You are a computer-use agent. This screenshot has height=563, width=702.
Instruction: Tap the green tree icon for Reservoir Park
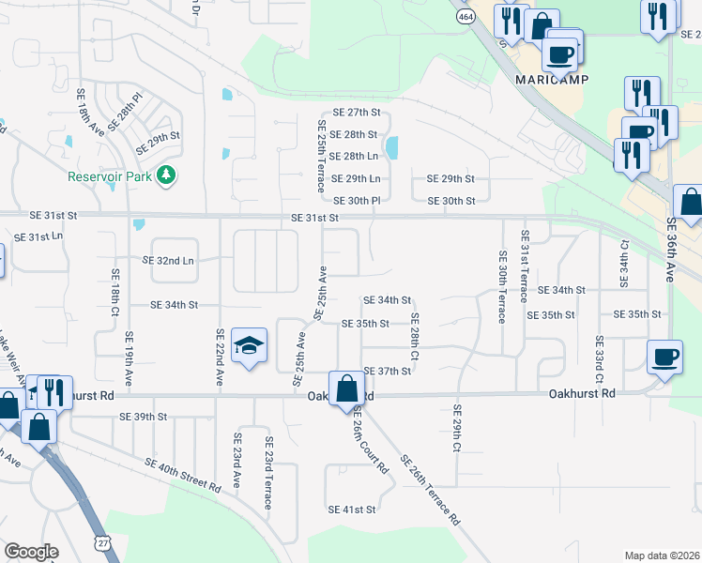(166, 175)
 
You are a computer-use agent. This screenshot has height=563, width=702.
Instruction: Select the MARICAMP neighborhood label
(552, 80)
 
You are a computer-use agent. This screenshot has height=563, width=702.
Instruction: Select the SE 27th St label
(356, 113)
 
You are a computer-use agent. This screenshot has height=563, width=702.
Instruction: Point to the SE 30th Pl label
(357, 200)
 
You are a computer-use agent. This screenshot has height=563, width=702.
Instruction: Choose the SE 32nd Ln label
(168, 260)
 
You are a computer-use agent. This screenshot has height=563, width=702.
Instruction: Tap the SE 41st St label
(352, 510)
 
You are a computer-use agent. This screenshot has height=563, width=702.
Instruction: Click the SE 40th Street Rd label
(182, 474)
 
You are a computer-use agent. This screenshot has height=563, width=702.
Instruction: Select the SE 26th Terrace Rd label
(431, 490)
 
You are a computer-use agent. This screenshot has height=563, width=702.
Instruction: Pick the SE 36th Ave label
(672, 252)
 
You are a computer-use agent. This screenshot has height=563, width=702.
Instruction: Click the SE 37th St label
(389, 372)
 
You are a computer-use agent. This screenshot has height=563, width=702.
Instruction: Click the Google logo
(31, 552)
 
